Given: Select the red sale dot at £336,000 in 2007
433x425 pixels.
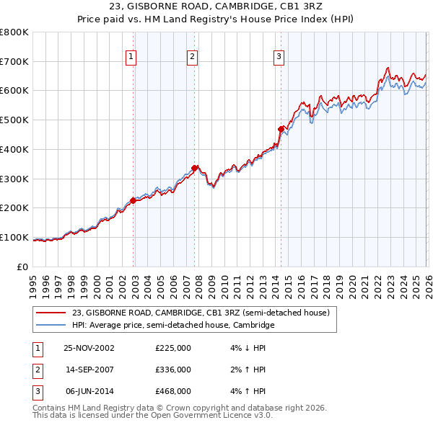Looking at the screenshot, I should (194, 168).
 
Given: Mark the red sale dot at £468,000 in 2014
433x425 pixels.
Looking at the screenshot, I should (281, 129).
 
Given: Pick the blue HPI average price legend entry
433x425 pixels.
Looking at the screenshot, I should (173, 325).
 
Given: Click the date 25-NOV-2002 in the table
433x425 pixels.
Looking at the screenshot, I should (89, 348).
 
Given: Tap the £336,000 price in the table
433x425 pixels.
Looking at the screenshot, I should (173, 370).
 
